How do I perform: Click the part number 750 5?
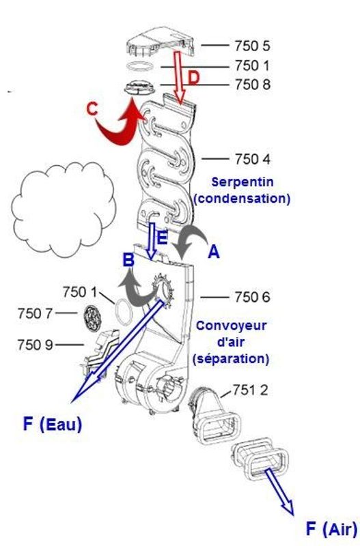tap(252, 46)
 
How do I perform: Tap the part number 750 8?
tap(253, 85)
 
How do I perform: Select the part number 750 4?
tap(253, 159)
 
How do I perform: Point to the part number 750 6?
tap(253, 298)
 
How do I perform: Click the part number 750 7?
tap(35, 313)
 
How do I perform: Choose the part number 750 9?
tap(35, 345)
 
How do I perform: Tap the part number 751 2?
tap(250, 390)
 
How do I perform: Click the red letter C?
tap(92, 109)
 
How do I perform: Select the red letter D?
tap(194, 78)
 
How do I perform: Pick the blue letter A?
tap(214, 251)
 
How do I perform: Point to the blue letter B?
tap(128, 260)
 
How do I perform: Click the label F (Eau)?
tap(53, 425)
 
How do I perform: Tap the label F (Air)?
tap(332, 529)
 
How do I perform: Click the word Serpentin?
tap(243, 182)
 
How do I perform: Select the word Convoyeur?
tap(231, 326)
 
